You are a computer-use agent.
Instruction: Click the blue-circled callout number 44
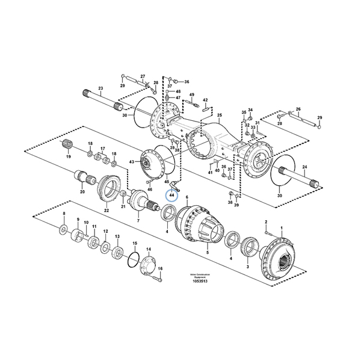(x=171, y=195)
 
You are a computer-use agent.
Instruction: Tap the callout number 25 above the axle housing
(x=220, y=115)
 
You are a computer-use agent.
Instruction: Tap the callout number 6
(x=187, y=197)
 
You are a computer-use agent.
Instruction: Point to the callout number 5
(x=208, y=254)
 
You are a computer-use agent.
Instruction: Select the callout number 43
(x=132, y=162)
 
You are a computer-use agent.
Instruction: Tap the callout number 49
(x=191, y=95)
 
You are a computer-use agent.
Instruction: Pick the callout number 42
(x=205, y=100)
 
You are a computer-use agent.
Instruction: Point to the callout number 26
(x=298, y=110)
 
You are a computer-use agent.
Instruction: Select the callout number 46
(x=150, y=190)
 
